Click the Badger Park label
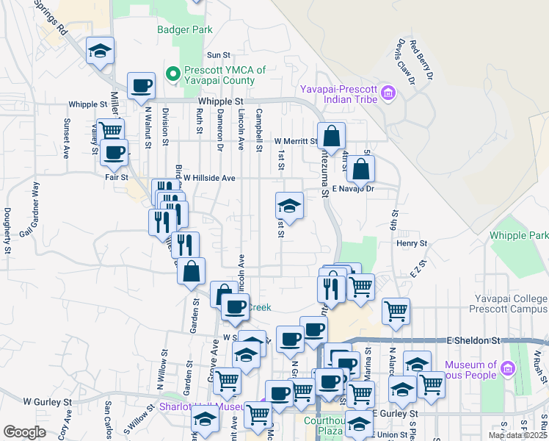click(x=185, y=30)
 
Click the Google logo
click(x=24, y=432)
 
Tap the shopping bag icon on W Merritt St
click(x=332, y=136)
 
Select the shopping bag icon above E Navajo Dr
click(x=361, y=170)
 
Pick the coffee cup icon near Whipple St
click(x=141, y=86)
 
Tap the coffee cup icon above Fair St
click(x=114, y=153)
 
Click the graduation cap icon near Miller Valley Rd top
click(x=100, y=51)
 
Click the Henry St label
click(x=412, y=243)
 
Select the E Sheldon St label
click(x=473, y=341)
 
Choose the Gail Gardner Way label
click(x=32, y=218)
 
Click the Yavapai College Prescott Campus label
click(x=514, y=304)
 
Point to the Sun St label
click(x=219, y=55)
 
